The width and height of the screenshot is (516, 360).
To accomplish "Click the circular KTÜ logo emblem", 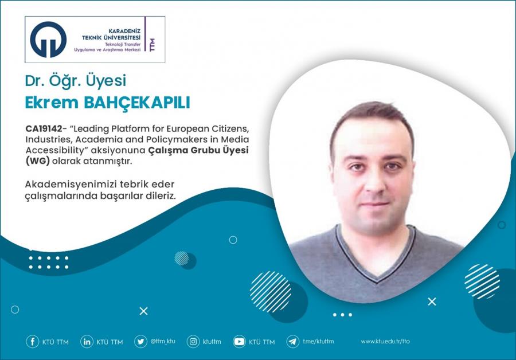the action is point(48,40).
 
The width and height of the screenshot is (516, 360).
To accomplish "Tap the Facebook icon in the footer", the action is point(33,342).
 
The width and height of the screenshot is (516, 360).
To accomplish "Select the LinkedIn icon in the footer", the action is point(87,342).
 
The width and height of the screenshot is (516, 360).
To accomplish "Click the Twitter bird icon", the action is point(140,342).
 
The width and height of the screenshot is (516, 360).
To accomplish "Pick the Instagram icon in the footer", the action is point(193,342).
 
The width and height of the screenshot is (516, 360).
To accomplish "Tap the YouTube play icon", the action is point(239,342).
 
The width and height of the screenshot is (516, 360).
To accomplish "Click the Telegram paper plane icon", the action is point(292,342).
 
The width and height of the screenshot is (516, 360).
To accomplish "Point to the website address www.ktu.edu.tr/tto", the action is point(385,341).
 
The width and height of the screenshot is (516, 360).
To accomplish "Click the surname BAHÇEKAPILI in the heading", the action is point(137,102).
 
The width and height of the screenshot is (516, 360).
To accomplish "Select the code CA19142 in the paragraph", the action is point(44,128).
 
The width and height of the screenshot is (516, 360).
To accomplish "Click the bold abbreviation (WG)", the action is point(37,161).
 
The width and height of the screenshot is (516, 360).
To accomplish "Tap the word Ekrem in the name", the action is point(52,103).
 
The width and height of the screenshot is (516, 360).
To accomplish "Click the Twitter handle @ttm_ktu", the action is point(163,341).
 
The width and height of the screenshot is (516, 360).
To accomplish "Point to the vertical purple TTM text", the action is point(152,45).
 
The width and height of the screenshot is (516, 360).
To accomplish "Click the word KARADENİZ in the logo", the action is point(124,31).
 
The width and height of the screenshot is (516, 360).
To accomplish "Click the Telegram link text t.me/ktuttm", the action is point(318,341).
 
